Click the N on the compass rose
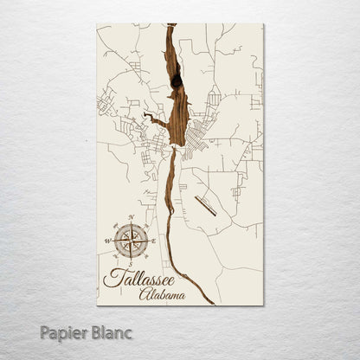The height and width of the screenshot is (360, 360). pyautogui.click(x=131, y=217)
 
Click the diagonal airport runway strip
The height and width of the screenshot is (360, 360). pyautogui.click(x=205, y=205)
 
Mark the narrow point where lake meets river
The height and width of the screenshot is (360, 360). pyautogui.click(x=174, y=149)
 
